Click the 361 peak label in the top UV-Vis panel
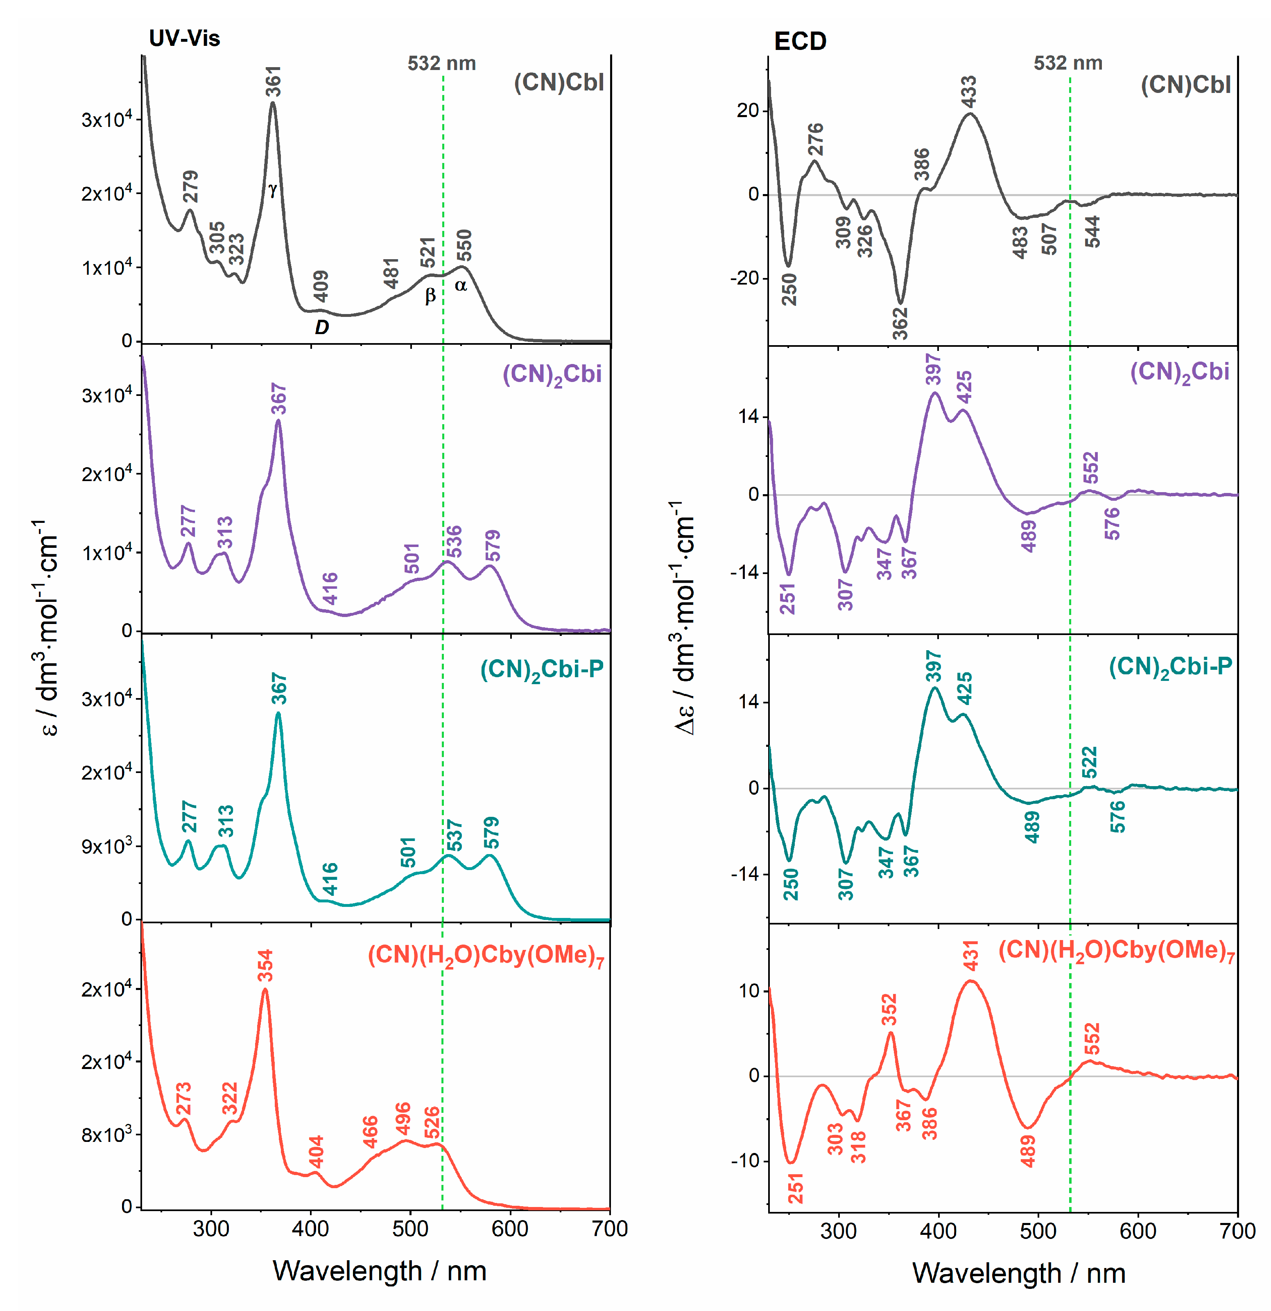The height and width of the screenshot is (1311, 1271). [274, 81]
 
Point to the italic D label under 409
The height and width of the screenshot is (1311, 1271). [322, 327]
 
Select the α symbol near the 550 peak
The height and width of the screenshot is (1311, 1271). [461, 286]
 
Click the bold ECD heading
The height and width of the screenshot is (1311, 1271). [800, 41]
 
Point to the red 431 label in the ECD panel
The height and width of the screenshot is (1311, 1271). [970, 955]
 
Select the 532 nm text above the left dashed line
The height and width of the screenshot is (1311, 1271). [441, 63]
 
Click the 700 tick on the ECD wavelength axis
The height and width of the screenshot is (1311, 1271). [1237, 1231]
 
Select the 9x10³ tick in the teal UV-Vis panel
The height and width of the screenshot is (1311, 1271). [106, 847]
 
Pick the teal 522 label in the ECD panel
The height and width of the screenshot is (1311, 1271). [1089, 762]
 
